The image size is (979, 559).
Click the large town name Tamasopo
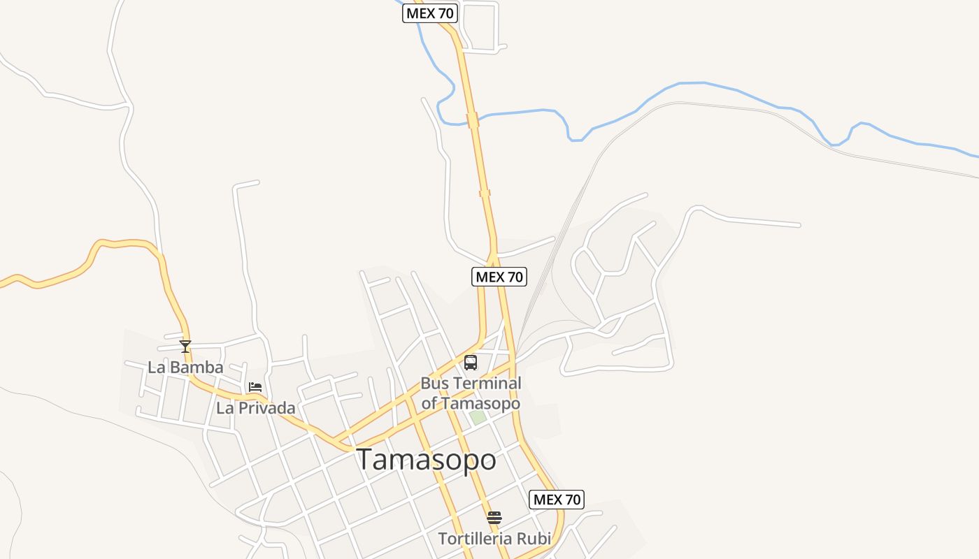(427, 460)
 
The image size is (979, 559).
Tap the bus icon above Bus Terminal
(471, 363)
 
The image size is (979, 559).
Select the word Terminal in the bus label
(487, 383)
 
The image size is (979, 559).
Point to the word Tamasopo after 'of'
(480, 403)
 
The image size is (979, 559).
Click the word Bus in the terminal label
(435, 383)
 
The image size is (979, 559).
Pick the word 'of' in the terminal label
(429, 403)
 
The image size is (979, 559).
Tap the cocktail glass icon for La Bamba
(185, 346)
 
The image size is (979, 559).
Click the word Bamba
(200, 368)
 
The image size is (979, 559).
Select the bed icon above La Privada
(255, 386)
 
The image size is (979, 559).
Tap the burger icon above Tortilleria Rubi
(494, 518)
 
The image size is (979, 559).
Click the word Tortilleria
(474, 539)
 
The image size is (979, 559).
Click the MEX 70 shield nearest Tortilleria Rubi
(557, 500)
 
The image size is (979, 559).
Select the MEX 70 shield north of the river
(429, 13)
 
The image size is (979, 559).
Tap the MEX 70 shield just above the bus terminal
(499, 277)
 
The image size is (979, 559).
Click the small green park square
(478, 417)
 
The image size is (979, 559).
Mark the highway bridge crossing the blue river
(473, 120)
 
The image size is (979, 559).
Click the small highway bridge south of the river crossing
(485, 193)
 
